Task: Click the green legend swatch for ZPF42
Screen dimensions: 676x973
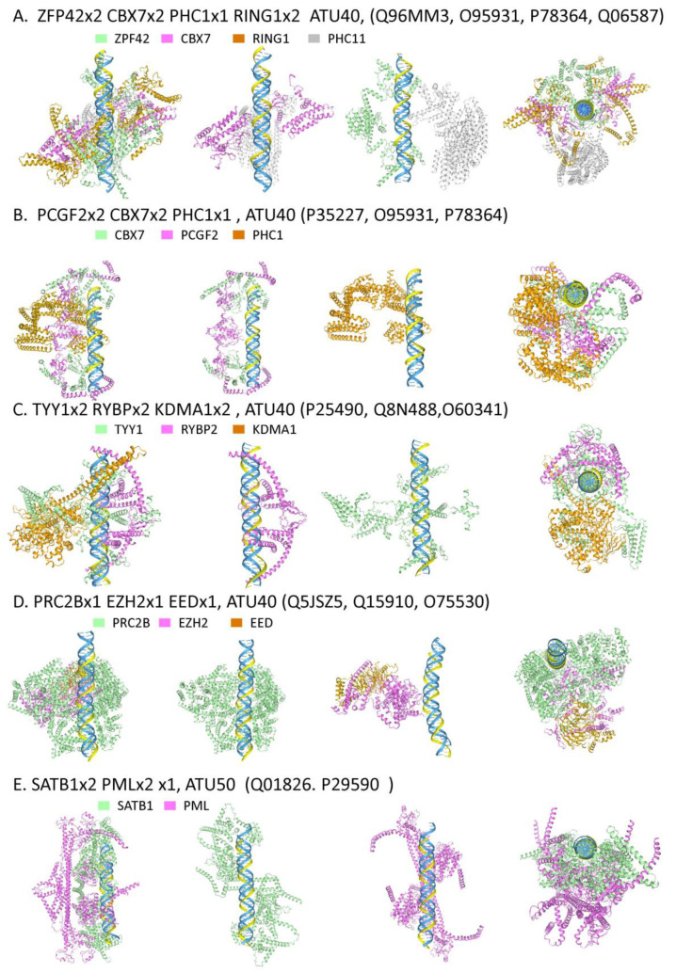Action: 99,39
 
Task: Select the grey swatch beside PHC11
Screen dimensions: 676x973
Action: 314,39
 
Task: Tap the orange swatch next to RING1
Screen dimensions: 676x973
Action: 238,39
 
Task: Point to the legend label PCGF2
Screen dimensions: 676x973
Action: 200,235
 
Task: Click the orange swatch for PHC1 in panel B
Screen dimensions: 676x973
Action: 238,235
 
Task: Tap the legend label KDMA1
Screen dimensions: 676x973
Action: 274,429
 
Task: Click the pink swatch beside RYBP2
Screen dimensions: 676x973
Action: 167,429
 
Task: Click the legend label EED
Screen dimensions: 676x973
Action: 262,622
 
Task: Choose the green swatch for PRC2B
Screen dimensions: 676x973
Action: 99,622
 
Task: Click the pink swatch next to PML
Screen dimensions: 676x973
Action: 169,806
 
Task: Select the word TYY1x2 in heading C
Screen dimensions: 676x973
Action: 63,409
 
